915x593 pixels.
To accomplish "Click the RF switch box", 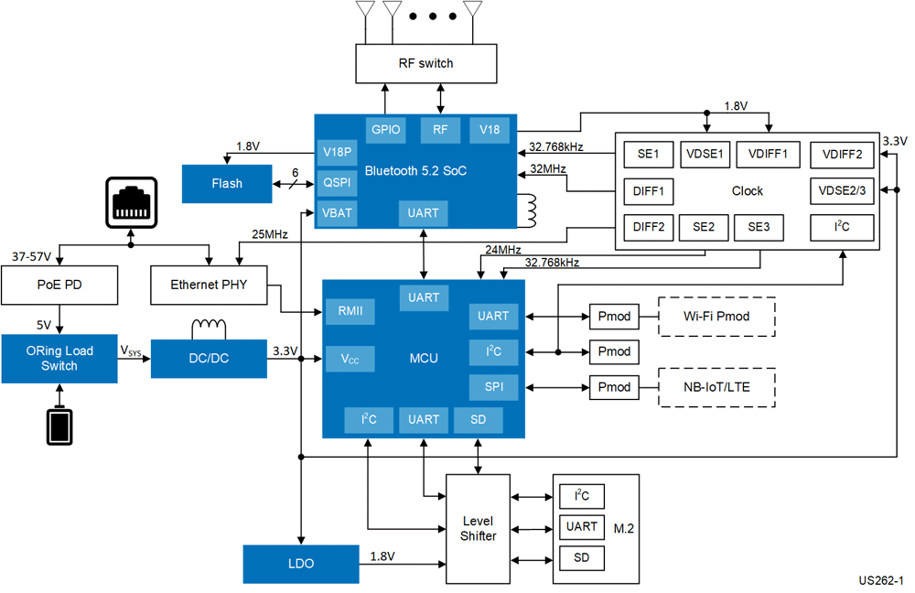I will click(425, 63).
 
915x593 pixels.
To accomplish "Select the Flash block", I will click(227, 183).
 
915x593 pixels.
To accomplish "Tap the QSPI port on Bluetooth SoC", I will click(335, 182).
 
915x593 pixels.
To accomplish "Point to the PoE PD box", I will click(59, 285).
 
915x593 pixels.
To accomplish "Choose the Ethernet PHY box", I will click(209, 285).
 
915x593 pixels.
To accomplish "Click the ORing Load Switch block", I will click(59, 358).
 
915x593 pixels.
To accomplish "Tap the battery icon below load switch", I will click(60, 427).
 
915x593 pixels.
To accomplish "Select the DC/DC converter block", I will click(209, 358).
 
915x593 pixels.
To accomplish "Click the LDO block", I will click(300, 564).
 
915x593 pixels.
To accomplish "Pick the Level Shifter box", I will click(478, 528).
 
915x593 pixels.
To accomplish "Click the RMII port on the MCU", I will click(350, 311).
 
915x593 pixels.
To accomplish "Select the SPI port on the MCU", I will click(492, 386).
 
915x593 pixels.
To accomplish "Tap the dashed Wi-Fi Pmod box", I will click(716, 317).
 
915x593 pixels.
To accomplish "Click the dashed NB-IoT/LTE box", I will click(716, 387).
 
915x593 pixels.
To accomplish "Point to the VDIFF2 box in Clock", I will click(841, 155).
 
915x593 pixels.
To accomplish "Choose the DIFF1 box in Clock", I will click(648, 191).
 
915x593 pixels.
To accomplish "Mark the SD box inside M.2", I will click(582, 556).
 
